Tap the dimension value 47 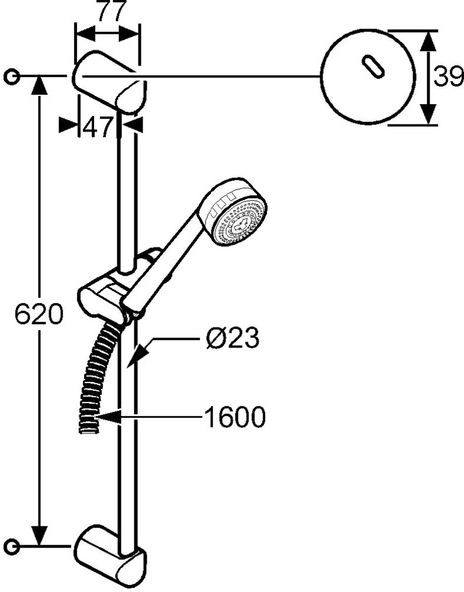click(98, 127)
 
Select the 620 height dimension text click(39, 314)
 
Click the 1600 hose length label click(235, 417)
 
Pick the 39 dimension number click(448, 76)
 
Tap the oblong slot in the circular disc click(373, 67)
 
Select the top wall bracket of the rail click(109, 82)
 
